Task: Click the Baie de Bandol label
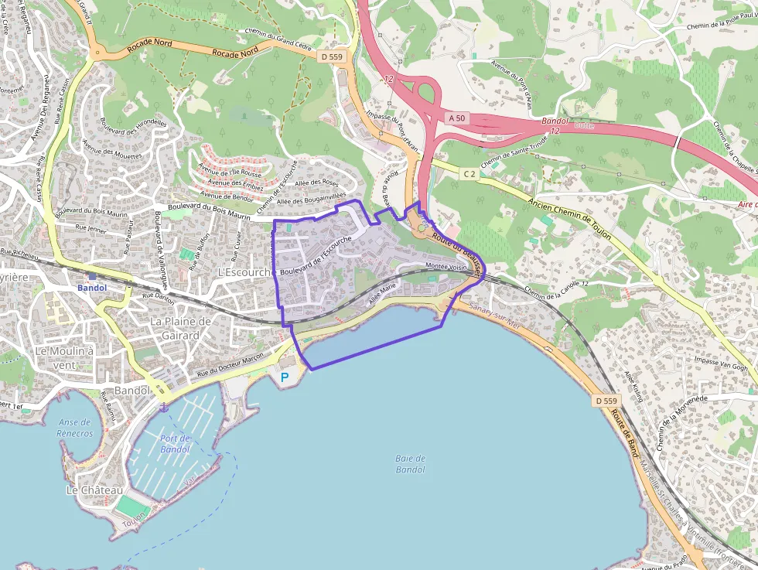(x=410, y=464)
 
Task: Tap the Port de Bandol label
(x=175, y=444)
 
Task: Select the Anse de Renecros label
(x=74, y=428)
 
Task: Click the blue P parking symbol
(x=284, y=377)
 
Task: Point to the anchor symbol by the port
(x=163, y=408)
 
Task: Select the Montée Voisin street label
(x=446, y=266)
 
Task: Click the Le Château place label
(x=94, y=490)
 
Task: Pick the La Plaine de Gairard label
(x=180, y=328)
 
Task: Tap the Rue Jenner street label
(x=90, y=228)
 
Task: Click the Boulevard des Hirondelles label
(x=133, y=132)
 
